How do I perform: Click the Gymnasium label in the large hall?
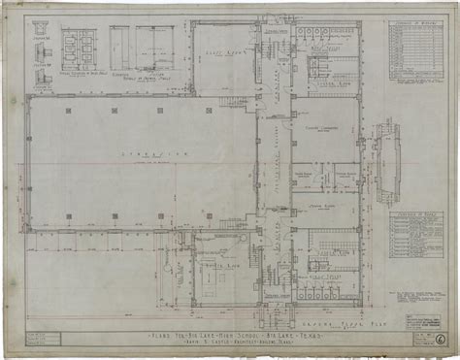click(x=142, y=154)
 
